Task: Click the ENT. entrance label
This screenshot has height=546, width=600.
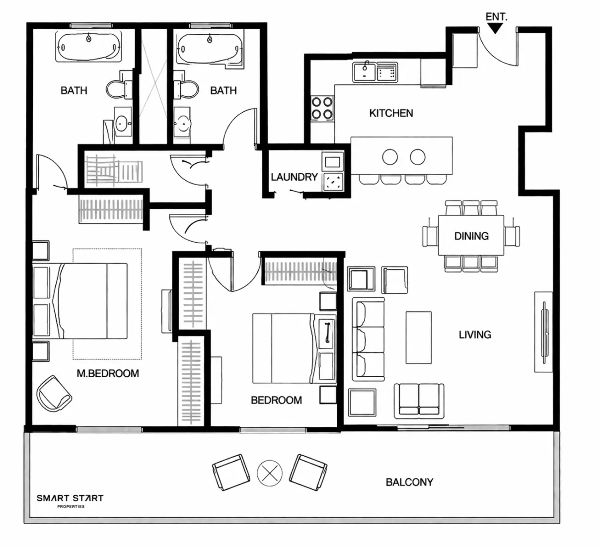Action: point(496,17)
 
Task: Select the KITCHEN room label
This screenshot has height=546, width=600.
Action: point(391,113)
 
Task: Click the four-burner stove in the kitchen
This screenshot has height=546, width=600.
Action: point(321,108)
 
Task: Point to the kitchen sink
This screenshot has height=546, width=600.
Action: point(365,72)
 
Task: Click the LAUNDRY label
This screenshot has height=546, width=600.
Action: point(294,177)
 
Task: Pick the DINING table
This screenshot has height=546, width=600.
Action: point(471,235)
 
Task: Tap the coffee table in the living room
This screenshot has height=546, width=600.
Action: point(418,338)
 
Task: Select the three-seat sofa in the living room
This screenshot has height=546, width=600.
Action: point(368,339)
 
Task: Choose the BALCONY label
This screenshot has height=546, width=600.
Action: point(409,482)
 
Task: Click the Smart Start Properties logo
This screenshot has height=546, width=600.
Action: point(70,500)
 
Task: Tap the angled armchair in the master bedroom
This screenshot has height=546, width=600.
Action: point(55,392)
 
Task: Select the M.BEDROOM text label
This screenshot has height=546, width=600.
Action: point(107,373)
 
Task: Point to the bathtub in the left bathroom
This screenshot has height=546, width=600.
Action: point(88,47)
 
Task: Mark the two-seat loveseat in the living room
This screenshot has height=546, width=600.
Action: point(419,399)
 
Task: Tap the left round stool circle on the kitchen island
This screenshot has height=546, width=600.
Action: point(390,157)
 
